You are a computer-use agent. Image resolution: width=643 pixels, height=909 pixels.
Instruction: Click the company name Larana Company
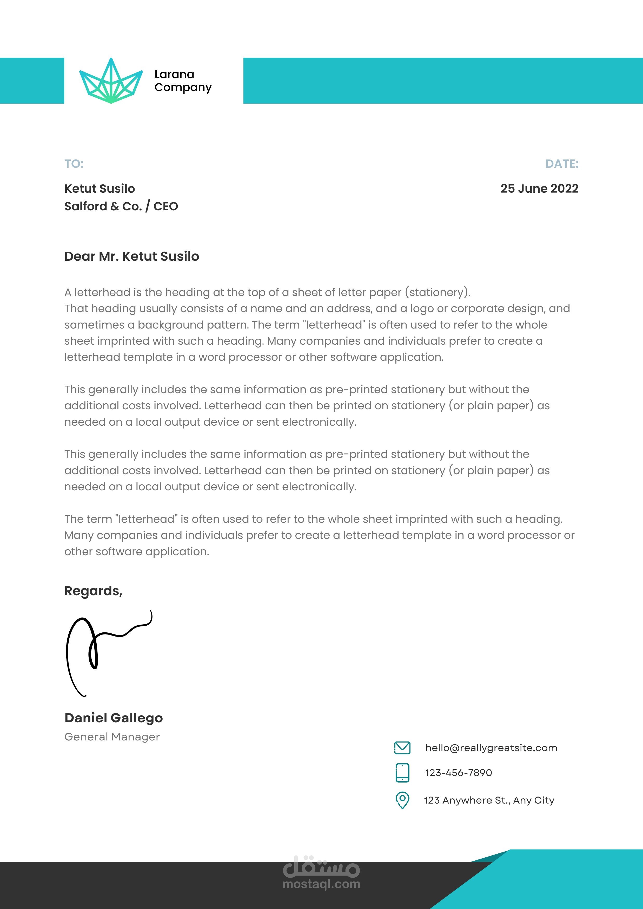(183, 81)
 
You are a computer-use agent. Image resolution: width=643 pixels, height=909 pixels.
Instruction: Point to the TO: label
(74, 164)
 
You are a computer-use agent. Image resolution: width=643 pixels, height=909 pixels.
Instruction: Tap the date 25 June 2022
(539, 189)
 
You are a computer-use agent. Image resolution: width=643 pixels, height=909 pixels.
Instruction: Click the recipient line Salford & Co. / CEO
(121, 206)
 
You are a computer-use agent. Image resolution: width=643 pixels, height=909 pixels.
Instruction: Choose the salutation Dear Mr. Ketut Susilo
(131, 257)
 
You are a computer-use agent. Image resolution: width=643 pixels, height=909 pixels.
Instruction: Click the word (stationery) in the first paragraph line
(437, 293)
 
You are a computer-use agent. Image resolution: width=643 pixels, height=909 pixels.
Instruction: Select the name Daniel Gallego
(114, 718)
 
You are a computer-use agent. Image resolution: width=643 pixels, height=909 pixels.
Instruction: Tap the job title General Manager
(112, 737)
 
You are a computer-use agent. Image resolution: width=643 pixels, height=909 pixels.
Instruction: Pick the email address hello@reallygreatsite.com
(491, 748)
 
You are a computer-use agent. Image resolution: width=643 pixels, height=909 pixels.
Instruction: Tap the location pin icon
(402, 800)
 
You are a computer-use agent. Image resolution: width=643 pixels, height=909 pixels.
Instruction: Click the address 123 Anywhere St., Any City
(489, 800)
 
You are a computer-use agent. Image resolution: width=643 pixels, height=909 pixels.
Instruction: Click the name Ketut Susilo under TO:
(100, 189)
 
